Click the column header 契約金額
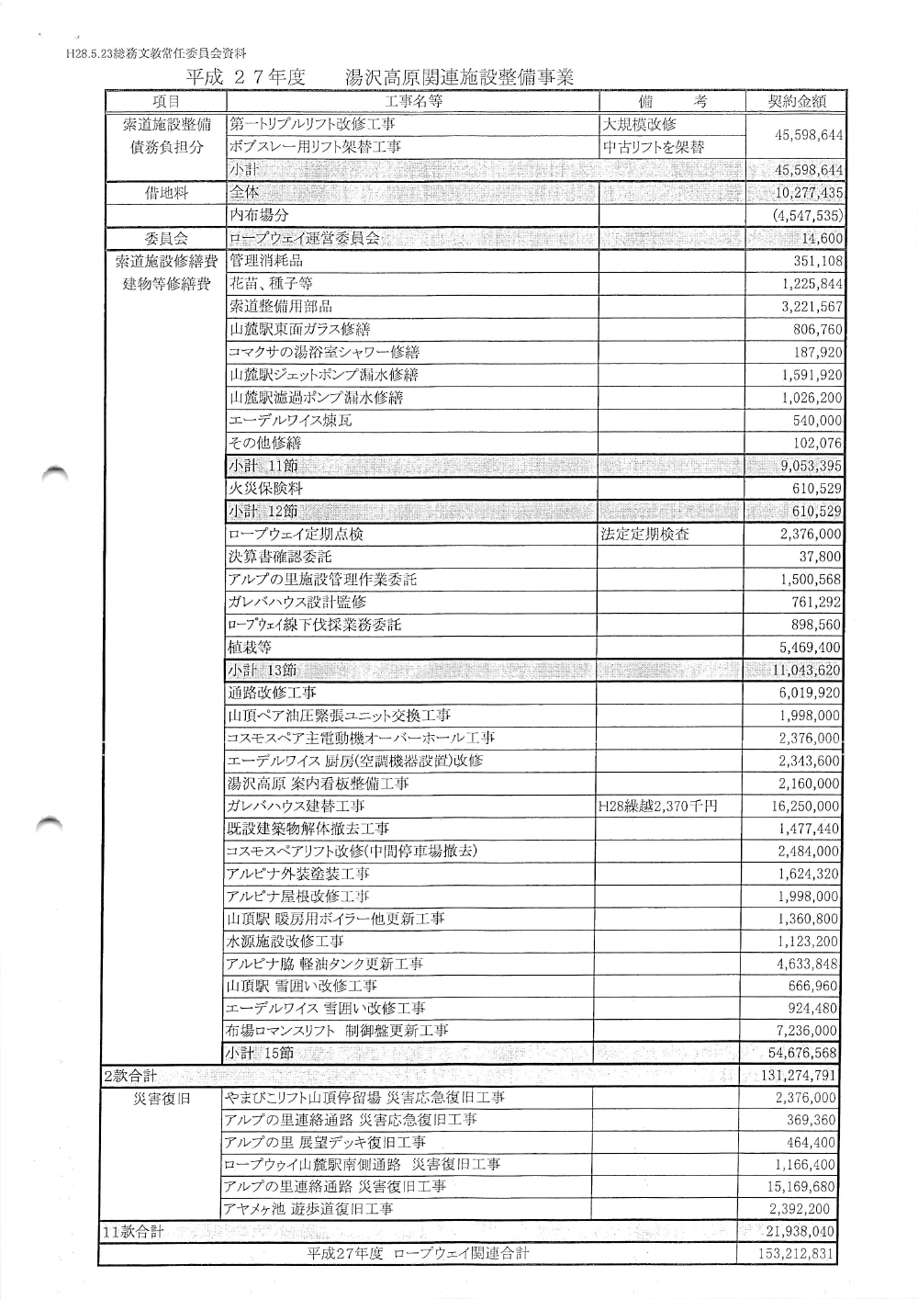pos(796,101)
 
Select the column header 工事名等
pos(413,101)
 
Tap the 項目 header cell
pos(166,101)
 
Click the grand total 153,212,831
pos(796,1254)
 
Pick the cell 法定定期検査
pos(644,534)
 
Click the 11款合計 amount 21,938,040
pos(799,1232)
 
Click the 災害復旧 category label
pos(162,1098)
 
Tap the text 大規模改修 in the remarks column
pos(639,124)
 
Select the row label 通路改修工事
pos(272,693)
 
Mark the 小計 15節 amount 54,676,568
pos(799,1053)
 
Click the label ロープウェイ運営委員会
pos(304,239)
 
